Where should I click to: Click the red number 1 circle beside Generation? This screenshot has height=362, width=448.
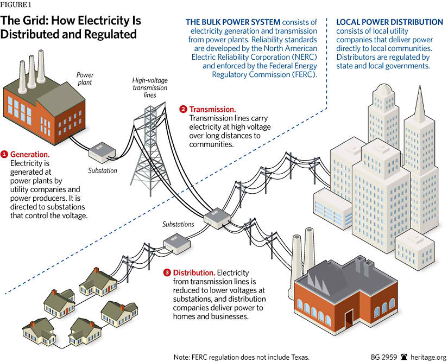pos(5,154)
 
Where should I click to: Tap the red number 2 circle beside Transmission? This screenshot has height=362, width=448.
pos(183,109)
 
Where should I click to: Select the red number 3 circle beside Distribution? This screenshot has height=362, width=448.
pos(167,272)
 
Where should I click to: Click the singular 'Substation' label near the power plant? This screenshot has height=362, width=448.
pos(103,170)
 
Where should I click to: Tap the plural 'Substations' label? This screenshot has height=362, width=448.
pos(178,224)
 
